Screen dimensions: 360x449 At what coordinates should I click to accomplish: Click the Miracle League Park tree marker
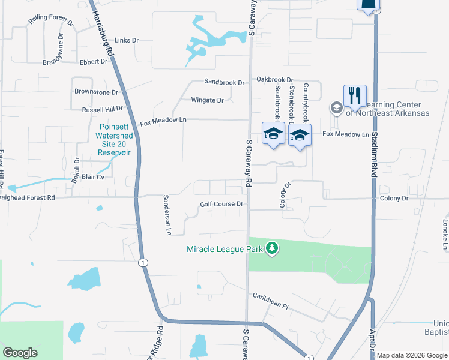272,248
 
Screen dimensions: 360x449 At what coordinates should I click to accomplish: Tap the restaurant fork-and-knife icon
355,95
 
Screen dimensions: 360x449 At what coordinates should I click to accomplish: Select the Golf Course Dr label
222,204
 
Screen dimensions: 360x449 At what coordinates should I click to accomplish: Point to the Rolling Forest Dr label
51,23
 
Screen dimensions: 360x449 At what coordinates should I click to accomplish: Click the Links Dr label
126,40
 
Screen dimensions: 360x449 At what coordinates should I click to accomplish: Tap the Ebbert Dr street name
93,61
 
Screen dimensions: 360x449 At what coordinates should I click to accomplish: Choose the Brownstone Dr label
96,92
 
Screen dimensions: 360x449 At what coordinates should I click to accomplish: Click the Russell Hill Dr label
102,110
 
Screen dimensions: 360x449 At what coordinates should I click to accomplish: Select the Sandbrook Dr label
224,82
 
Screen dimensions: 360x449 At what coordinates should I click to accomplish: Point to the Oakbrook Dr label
274,79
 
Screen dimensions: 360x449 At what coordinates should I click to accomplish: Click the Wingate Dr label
207,100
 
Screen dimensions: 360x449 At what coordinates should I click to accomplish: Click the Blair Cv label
93,177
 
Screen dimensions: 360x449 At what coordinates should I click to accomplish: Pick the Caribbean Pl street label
270,301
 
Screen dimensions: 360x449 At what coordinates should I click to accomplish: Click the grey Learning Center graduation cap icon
336,108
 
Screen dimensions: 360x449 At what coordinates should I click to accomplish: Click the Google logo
20,353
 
